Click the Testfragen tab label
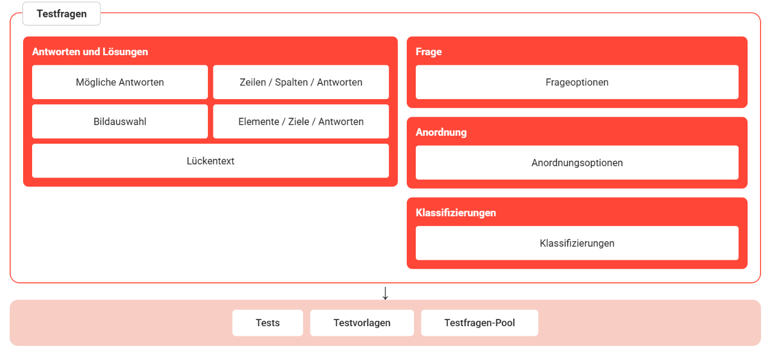61,14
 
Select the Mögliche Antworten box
120,82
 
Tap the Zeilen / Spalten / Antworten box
301,82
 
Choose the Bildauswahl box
120,122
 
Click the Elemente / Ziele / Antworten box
301,122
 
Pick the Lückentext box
211,161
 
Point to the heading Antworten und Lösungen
90,52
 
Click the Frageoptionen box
577,82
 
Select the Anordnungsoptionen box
577,163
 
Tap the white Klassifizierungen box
577,243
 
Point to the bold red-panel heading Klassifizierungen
456,213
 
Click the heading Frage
428,52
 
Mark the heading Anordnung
441,132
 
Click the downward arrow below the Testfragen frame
385,293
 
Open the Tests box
268,323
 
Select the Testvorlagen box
362,323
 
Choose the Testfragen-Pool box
479,323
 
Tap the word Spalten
291,82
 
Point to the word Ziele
299,122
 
